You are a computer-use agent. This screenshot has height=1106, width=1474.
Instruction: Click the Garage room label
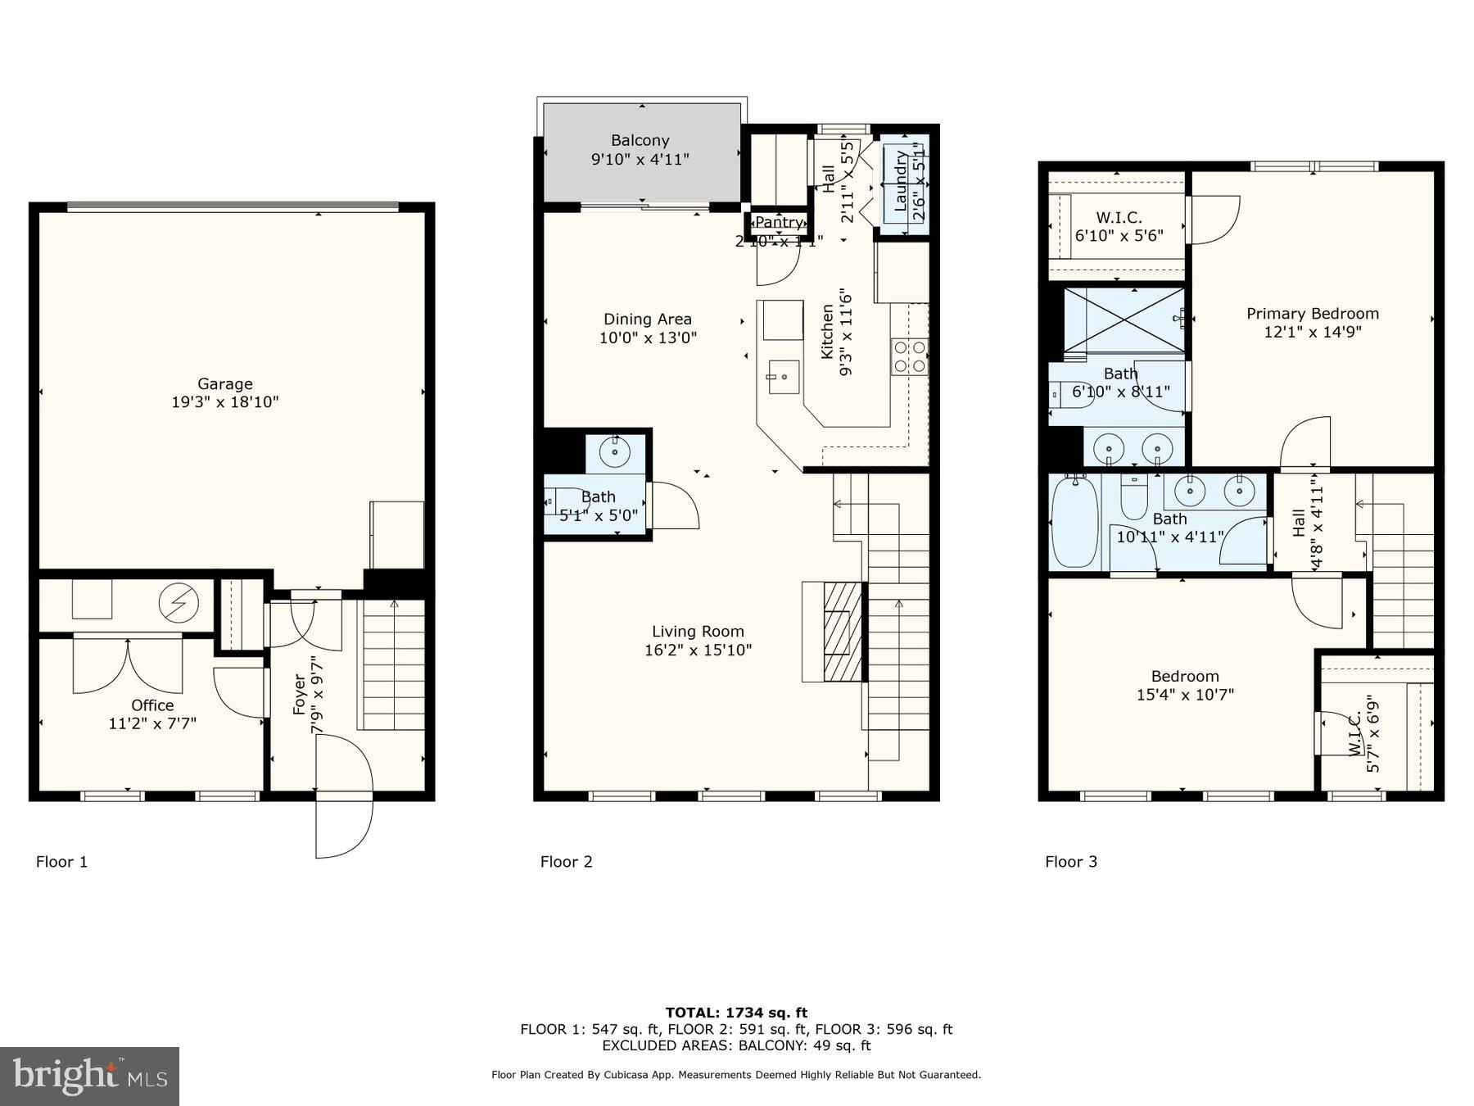224,383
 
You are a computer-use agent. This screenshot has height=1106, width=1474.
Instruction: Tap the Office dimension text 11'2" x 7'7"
152,723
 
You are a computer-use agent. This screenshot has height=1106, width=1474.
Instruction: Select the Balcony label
640,140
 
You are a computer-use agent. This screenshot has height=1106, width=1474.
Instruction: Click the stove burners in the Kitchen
909,356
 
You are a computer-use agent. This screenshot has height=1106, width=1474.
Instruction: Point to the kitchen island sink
784,377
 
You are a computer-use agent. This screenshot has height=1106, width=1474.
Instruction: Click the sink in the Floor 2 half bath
614,451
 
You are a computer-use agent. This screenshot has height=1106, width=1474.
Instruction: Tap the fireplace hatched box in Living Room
843,631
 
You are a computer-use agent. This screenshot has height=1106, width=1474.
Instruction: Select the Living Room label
698,631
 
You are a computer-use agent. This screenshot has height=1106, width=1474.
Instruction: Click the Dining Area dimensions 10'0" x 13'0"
648,338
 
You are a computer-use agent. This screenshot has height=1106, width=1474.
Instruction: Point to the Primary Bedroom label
1312,313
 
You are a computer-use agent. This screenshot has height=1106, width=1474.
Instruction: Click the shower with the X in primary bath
1124,320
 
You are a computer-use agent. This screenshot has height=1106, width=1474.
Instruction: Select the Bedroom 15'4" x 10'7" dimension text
1184,695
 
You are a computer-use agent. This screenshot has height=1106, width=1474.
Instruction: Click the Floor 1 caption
61,861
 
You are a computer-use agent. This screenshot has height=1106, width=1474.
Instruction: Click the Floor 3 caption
1070,861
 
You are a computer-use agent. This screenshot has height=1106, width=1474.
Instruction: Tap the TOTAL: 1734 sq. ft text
735,1013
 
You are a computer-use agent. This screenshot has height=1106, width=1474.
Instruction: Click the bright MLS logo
89,1077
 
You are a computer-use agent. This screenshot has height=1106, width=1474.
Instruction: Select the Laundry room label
901,180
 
